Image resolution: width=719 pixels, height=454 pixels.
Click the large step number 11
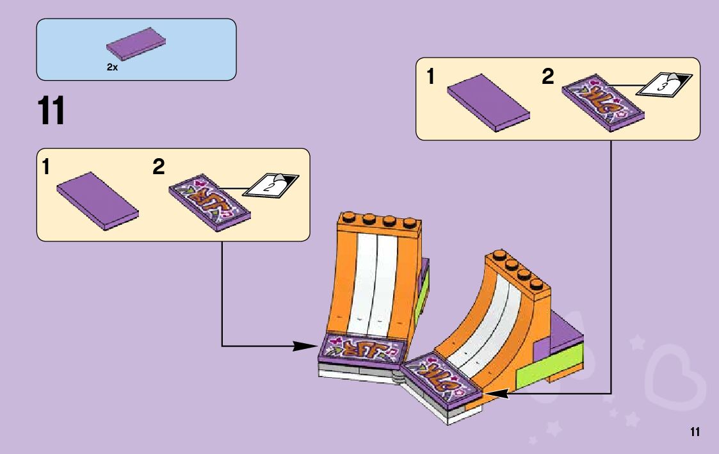click(x=52, y=111)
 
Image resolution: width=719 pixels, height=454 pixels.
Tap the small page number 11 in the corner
click(x=695, y=432)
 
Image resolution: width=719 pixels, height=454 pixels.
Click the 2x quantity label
click(x=112, y=67)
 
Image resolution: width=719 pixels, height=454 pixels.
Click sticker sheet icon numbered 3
click(x=666, y=83)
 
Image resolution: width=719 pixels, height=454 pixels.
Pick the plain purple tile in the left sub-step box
click(x=97, y=200)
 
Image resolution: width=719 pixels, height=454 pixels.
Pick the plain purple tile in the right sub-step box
click(x=488, y=102)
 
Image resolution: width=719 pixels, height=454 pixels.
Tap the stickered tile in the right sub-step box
click(x=602, y=104)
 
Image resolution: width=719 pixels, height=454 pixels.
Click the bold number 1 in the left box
click(x=45, y=168)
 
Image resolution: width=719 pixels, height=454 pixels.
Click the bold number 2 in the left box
click(x=159, y=168)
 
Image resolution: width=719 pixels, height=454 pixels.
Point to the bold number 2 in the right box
click(x=547, y=77)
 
